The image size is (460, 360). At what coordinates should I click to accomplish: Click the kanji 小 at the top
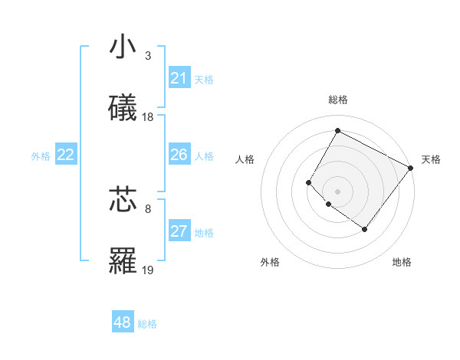point(123,47)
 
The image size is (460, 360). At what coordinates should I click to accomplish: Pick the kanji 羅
point(123,261)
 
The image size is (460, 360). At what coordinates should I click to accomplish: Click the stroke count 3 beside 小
point(147,56)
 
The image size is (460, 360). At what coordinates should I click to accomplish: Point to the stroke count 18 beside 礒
point(148,117)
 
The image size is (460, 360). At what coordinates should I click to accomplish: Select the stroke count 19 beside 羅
point(148,270)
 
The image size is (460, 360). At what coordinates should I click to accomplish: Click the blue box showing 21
point(179,78)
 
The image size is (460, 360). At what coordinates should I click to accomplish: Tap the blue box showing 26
point(179,155)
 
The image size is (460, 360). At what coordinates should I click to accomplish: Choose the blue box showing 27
point(179,231)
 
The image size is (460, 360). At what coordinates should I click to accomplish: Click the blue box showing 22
point(65,155)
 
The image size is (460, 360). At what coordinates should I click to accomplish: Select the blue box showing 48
point(123,322)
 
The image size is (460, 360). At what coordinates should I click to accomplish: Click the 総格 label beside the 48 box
point(147,324)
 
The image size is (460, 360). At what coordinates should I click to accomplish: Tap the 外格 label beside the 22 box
point(41,156)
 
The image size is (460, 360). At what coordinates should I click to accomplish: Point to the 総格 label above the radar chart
point(337,100)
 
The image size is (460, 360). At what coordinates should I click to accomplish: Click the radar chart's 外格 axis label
point(270,262)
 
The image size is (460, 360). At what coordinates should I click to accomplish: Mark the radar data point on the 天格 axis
point(410,168)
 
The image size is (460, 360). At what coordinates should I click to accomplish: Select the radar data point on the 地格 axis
point(365,229)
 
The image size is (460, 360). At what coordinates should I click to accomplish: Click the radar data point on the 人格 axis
point(309,182)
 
